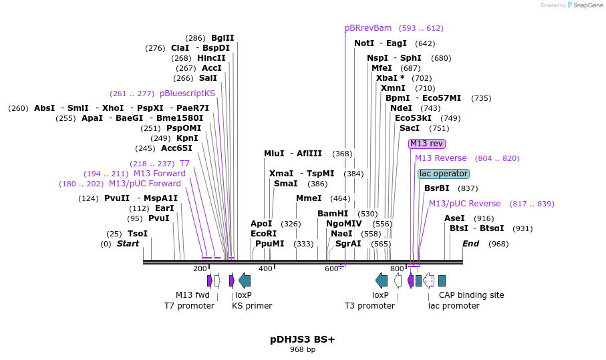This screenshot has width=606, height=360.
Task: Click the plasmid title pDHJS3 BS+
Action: [x=303, y=339]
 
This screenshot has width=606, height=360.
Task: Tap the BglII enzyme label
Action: [x=222, y=38]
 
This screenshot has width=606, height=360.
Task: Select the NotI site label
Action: [x=364, y=43]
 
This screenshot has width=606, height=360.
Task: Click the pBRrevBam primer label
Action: [x=368, y=28]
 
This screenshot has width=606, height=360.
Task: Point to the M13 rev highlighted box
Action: [x=427, y=144]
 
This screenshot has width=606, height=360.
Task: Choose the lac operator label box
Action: [x=444, y=174]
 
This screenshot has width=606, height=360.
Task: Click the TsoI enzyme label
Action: [x=138, y=234]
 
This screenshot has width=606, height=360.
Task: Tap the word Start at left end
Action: [x=128, y=244]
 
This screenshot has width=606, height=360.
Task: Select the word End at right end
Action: [x=471, y=244]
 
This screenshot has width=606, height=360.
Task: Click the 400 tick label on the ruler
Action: [x=266, y=268]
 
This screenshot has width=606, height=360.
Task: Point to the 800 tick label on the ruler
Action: [x=397, y=268]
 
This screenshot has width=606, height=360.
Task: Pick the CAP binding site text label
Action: [x=472, y=295]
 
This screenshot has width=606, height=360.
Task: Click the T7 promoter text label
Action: [x=190, y=306]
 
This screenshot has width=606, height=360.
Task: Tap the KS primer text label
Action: [x=252, y=306]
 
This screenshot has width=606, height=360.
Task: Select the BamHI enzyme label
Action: [x=333, y=214]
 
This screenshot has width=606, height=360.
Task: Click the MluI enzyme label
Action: [x=274, y=154]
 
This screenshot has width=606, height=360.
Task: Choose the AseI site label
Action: [x=454, y=218]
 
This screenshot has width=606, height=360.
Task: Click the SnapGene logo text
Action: [x=586, y=5]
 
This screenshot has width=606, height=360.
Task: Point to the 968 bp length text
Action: [x=303, y=350]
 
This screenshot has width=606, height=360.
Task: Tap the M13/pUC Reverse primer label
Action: [x=464, y=204]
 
